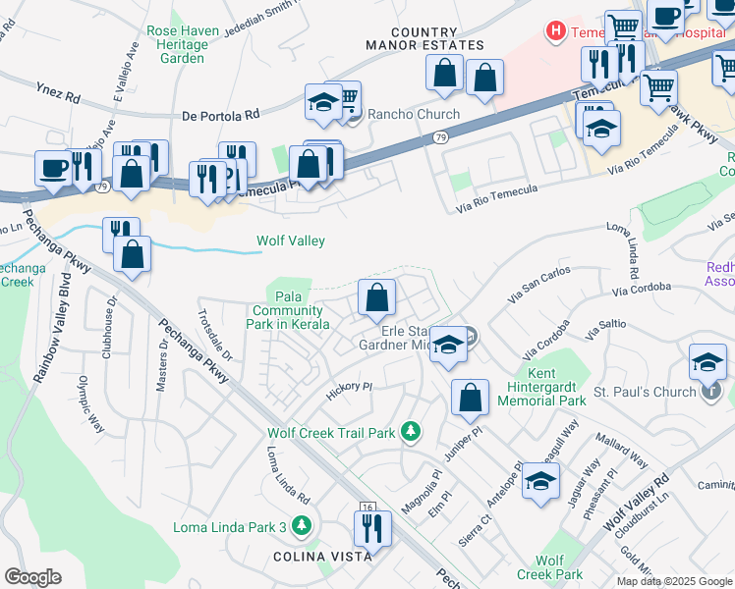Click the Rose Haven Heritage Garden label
tap(178, 44)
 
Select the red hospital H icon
tap(557, 31)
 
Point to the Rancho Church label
tap(414, 113)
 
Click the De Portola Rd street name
tap(221, 116)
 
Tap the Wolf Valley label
tap(290, 241)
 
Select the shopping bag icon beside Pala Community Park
tap(376, 297)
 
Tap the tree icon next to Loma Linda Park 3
tap(304, 527)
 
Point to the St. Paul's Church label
tap(648, 392)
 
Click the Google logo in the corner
tap(32, 576)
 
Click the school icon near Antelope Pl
tap(539, 481)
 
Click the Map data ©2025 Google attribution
tap(674, 581)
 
